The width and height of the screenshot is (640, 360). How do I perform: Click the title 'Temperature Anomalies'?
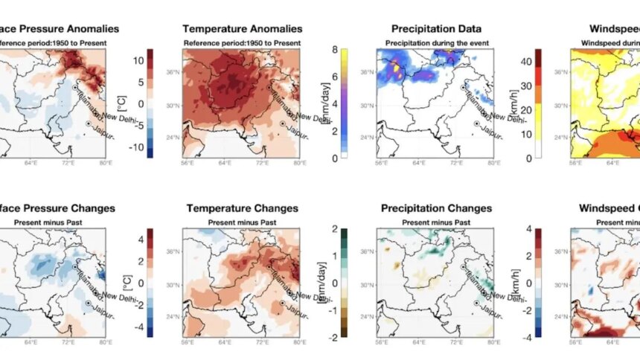pos(243,29)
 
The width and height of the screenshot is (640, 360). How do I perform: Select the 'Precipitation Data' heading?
pos(435,29)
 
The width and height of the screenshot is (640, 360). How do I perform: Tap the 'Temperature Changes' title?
pos(243,208)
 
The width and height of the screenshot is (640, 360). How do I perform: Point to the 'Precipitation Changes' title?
pos(435,208)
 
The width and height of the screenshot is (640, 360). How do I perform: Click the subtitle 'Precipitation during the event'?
pos(435,42)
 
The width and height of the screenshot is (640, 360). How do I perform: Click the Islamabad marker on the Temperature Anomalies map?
pos(269,87)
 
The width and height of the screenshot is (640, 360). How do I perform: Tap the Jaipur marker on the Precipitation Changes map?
pos(476,303)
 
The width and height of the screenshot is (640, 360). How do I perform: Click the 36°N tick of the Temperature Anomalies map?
pos(172,72)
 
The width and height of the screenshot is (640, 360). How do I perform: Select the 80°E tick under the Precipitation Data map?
pos(490,163)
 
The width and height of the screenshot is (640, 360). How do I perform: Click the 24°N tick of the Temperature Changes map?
pos(172,316)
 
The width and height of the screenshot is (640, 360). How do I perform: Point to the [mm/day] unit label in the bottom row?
pos(323,283)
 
